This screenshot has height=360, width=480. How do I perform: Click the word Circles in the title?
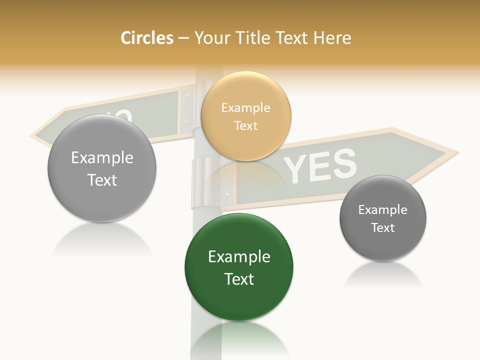click(147, 38)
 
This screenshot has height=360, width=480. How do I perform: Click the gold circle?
click(245, 116)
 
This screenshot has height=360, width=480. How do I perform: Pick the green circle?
click(239, 267)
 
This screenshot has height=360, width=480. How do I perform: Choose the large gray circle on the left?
click(102, 168)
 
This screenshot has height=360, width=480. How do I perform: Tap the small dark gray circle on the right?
click(383, 218)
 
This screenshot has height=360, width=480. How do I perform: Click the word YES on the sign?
click(320, 165)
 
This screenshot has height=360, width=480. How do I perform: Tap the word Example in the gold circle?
click(245, 107)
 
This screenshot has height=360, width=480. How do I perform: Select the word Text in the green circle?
click(239, 278)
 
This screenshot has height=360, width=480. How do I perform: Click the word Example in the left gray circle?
click(102, 157)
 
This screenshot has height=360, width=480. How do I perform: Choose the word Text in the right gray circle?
click(383, 227)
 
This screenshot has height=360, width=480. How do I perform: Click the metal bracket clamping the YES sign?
click(204, 182)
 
